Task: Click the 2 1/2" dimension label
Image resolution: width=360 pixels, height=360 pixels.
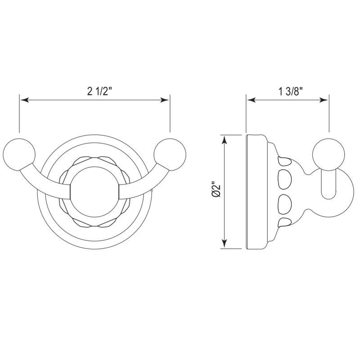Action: (99, 91)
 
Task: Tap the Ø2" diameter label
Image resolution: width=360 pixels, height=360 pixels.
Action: (216, 189)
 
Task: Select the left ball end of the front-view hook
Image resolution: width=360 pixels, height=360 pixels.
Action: (19, 154)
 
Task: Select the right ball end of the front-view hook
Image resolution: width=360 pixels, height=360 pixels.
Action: (170, 154)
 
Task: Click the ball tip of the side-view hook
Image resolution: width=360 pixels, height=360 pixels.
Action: (328, 154)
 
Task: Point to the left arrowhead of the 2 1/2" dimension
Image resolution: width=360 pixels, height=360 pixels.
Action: (25, 100)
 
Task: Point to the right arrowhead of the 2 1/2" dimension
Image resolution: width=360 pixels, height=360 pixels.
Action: (164, 100)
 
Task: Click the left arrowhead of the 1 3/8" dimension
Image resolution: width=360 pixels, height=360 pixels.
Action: (251, 100)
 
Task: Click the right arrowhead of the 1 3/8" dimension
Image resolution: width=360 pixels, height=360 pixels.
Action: (323, 100)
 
